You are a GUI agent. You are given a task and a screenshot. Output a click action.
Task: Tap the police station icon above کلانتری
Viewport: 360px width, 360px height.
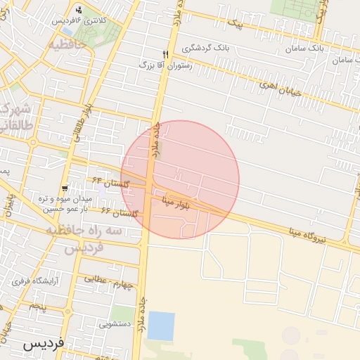point(77,10)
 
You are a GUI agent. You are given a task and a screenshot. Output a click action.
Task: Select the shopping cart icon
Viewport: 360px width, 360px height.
point(65,188)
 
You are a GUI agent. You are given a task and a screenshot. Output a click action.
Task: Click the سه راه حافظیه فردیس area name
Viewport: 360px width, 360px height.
point(84,239)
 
